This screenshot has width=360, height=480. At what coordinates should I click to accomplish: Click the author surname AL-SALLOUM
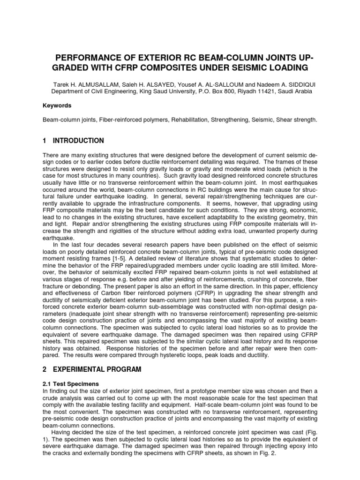(222, 82)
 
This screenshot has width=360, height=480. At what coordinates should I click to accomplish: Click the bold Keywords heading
(57, 106)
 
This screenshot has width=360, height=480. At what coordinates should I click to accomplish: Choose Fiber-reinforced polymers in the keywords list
(124, 120)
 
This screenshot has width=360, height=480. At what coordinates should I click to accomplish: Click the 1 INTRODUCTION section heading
(73, 141)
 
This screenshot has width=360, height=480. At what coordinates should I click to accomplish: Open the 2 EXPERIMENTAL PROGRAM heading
(92, 370)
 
